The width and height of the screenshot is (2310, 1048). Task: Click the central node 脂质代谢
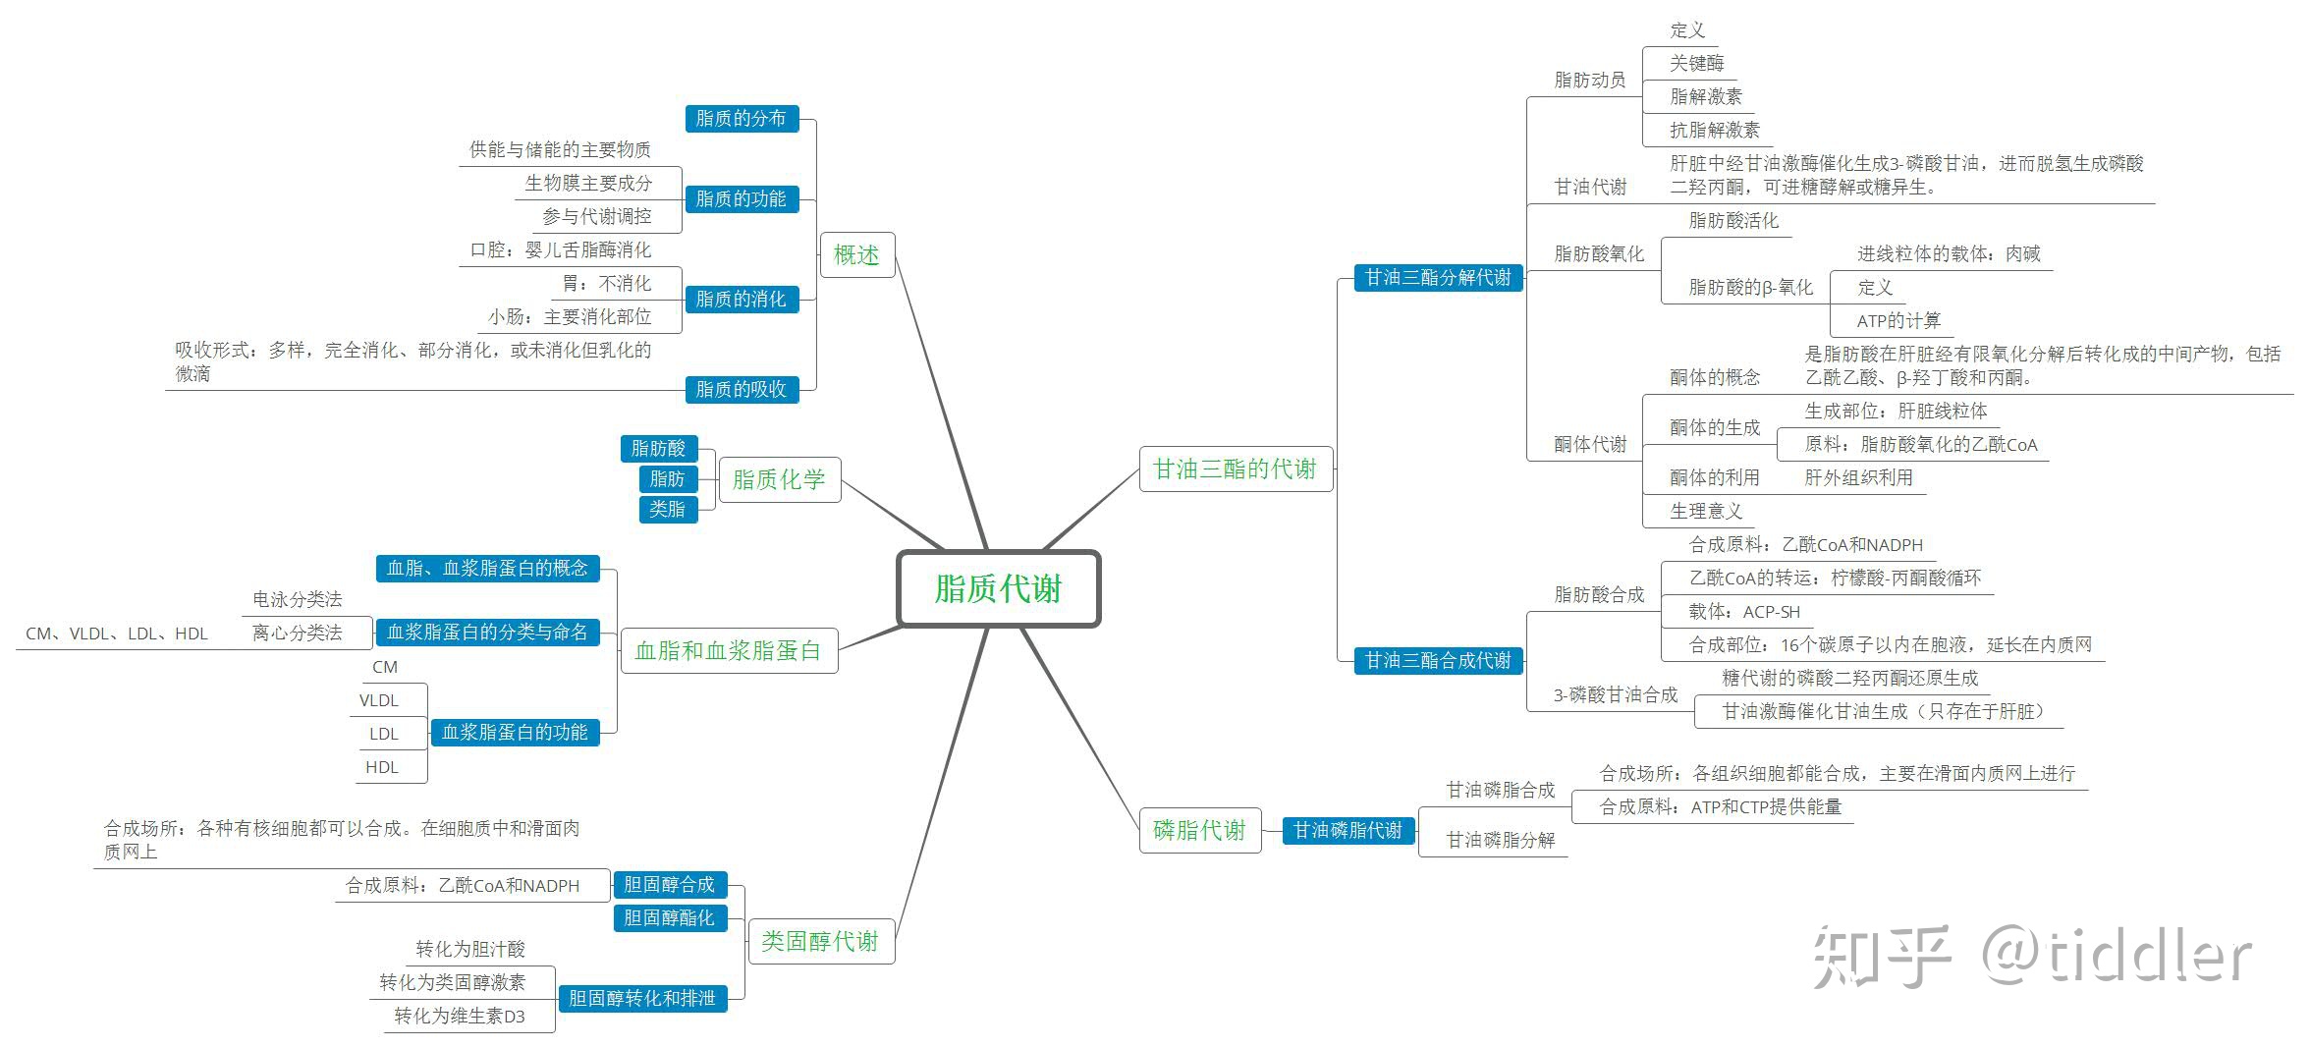click(x=998, y=588)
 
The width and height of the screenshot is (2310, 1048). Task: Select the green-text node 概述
click(x=856, y=254)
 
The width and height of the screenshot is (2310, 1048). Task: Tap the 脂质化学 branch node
click(x=779, y=479)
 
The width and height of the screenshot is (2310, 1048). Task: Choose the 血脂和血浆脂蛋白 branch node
click(x=728, y=650)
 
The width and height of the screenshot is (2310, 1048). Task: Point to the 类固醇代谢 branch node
click(x=820, y=941)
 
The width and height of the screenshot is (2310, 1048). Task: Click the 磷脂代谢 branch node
click(x=1199, y=830)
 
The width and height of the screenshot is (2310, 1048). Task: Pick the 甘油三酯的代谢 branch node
click(x=1235, y=469)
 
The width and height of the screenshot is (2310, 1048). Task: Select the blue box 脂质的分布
click(x=741, y=119)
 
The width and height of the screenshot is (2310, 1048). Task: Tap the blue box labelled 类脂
click(x=668, y=509)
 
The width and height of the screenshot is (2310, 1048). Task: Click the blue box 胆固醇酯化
click(x=669, y=917)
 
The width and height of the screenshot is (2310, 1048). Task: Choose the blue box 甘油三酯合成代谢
click(x=1438, y=660)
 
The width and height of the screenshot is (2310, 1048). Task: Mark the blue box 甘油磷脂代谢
click(x=1347, y=830)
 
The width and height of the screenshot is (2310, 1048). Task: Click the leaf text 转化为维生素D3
click(x=460, y=1016)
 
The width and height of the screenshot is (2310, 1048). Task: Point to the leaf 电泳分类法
click(x=298, y=599)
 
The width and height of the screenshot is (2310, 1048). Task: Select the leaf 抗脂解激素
click(x=1715, y=130)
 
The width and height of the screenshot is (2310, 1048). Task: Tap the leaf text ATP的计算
click(x=1898, y=320)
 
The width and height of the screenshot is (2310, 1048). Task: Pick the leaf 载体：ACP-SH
click(x=1744, y=612)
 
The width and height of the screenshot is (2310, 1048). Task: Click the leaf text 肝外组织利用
click(x=1858, y=477)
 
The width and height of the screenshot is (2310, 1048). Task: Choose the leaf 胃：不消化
click(x=606, y=283)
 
